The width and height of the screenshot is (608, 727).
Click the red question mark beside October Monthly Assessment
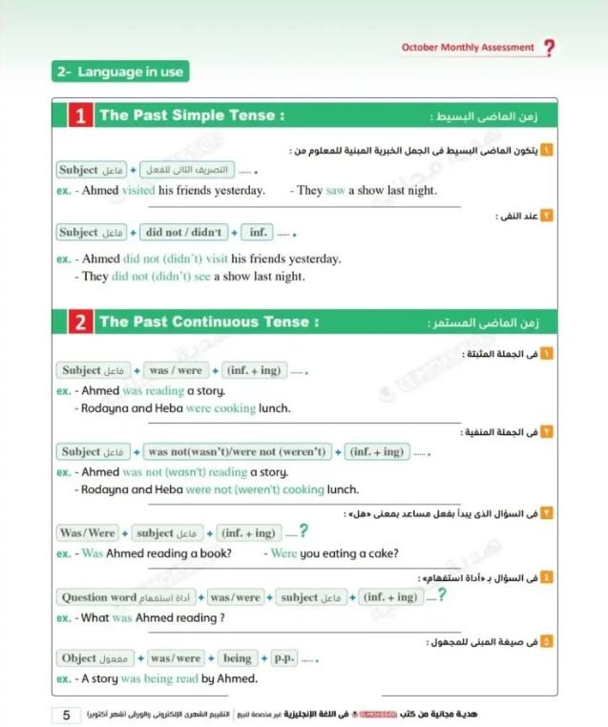549,48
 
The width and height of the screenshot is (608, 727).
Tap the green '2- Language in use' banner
120,72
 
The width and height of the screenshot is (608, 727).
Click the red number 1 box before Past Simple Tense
79,116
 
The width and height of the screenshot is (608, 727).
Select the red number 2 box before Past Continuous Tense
79,322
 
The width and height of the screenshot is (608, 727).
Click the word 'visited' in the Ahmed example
139,190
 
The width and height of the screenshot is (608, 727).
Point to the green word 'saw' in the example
335,190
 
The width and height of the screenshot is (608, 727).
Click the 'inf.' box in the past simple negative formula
257,232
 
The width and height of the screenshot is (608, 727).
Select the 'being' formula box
237,658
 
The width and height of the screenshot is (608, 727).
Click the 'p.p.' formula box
284,658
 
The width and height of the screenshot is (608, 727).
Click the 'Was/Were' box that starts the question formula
87,533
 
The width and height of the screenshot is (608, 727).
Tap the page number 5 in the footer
66,716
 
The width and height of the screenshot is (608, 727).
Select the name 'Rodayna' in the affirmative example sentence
104,408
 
